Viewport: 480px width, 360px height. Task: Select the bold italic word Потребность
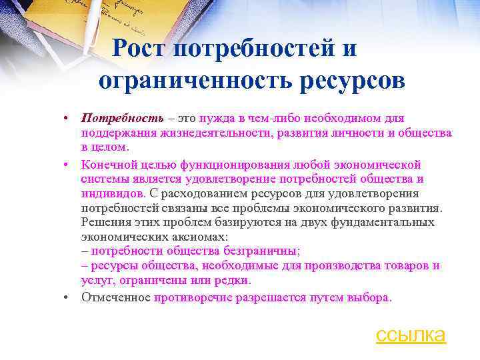pos(122,118)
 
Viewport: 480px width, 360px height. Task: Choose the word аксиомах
pos(188,237)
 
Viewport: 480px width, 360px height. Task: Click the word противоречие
pos(193,297)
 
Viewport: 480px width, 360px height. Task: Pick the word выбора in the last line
pos(368,297)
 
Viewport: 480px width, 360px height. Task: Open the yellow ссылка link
pos(411,334)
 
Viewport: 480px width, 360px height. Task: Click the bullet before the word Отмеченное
pos(67,297)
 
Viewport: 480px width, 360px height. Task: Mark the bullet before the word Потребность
pos(67,118)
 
